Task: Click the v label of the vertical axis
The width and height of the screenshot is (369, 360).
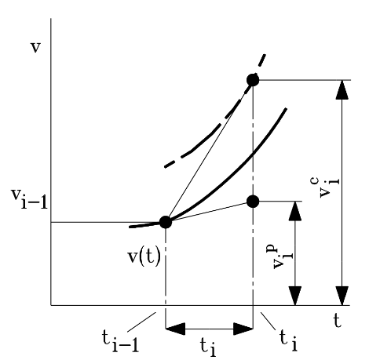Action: pos(36,48)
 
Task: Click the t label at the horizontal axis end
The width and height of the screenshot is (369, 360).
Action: pos(338,321)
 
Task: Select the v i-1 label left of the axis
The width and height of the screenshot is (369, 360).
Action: pos(29,198)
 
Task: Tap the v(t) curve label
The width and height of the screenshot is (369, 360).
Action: pos(144,257)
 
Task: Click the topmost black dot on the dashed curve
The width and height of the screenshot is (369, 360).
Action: pos(253,80)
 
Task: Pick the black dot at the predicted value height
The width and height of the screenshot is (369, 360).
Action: pos(253,202)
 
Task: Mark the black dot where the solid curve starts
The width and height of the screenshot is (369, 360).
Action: pos(166,222)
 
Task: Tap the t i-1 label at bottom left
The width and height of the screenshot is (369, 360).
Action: pos(120,341)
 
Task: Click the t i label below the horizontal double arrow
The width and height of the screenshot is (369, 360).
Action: pos(209,347)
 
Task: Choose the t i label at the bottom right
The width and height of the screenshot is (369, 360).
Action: pos(288,340)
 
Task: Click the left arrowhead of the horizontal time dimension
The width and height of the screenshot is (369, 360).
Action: pos(175,329)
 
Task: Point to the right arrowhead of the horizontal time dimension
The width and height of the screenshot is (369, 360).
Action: pos(243,329)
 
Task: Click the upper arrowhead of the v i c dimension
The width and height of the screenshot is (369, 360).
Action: pos(342,89)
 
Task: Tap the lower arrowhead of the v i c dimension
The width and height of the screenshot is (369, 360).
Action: pos(342,296)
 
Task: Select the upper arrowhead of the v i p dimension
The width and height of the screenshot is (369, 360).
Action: pos(295,211)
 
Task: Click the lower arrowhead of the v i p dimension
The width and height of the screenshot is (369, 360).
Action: pos(295,296)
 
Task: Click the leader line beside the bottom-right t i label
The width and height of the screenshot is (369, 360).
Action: pos(268,321)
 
